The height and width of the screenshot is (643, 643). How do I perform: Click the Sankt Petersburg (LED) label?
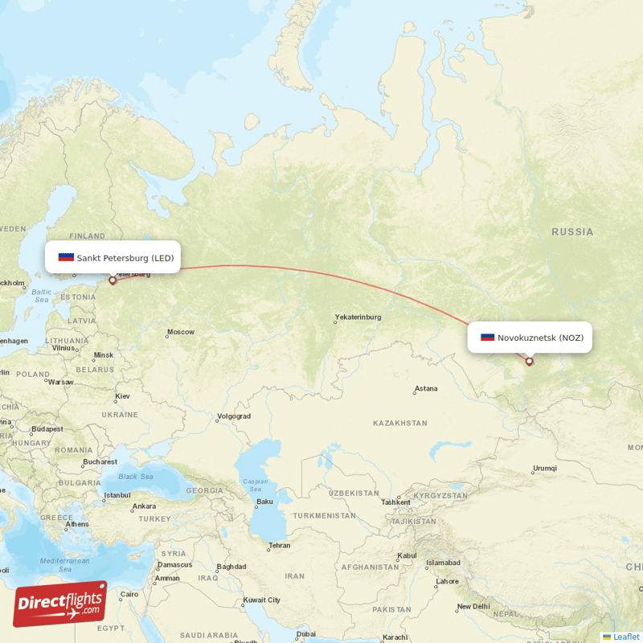[125, 258]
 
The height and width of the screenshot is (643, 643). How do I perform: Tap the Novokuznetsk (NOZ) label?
[540, 338]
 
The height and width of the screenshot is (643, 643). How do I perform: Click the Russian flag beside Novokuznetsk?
[488, 338]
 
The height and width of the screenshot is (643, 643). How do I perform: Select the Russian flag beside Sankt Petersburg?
[66, 258]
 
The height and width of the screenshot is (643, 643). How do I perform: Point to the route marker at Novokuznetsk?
[529, 362]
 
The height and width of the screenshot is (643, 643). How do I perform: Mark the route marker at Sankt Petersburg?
[113, 281]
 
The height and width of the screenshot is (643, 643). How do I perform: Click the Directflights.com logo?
[60, 604]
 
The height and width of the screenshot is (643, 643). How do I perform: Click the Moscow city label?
[181, 332]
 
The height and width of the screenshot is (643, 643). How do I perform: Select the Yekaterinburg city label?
[358, 317]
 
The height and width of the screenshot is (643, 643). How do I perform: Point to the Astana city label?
[426, 389]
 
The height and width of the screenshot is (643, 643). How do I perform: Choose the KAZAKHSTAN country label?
[400, 423]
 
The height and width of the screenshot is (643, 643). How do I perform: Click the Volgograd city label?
[234, 416]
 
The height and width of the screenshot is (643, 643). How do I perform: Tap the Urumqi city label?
[544, 469]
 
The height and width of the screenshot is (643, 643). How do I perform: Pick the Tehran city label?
[280, 545]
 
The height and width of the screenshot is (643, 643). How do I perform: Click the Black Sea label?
[136, 477]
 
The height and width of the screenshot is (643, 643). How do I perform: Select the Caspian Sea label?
[256, 485]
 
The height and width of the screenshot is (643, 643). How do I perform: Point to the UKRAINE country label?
[119, 414]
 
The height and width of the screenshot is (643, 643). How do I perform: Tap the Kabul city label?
[407, 555]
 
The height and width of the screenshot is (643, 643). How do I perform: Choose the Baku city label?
[264, 502]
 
